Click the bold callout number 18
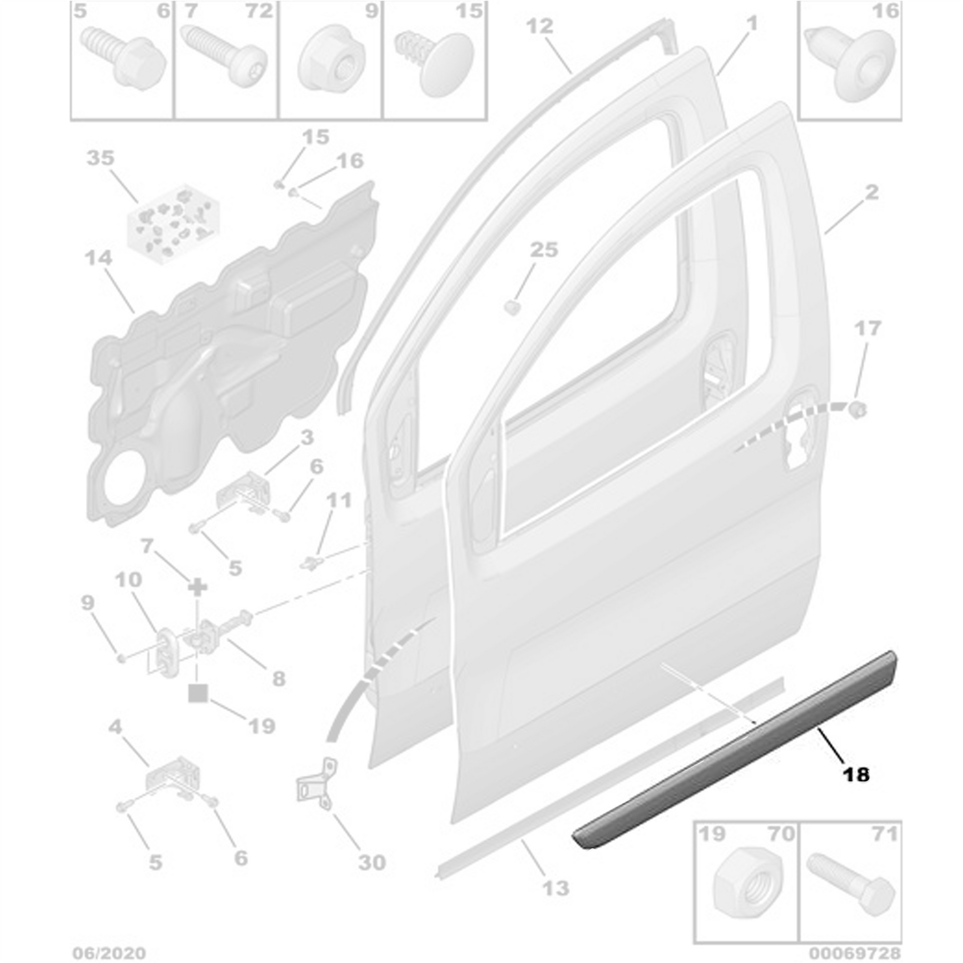(x=856, y=788)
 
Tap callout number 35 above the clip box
(x=100, y=158)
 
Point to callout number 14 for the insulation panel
(x=98, y=258)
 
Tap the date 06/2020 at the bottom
(x=109, y=953)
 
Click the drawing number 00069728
(x=855, y=953)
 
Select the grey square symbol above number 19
(x=198, y=693)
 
